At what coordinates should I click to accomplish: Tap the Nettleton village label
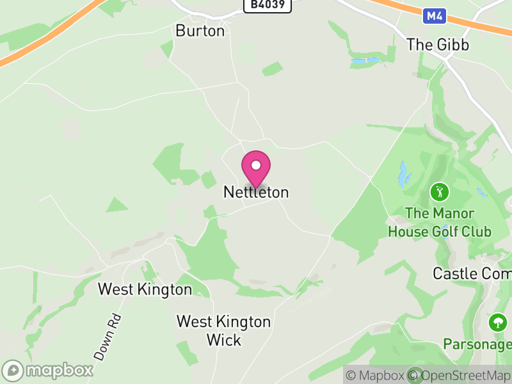pos(256,192)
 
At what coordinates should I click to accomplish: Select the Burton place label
pos(200,30)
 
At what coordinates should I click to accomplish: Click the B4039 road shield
pos(268,5)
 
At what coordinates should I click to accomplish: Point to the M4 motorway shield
pos(434,15)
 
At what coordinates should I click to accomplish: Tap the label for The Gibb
pos(438,45)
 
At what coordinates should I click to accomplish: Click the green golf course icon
pos(440,191)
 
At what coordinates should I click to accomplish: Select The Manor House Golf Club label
pos(440,222)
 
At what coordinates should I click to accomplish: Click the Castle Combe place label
pos(472,273)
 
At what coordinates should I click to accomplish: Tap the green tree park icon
pos(497,322)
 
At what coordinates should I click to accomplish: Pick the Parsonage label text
pos(477,344)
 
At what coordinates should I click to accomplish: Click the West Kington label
pos(145,289)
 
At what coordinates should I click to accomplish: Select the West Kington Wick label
pos(223,330)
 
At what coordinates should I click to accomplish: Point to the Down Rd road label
pos(107,336)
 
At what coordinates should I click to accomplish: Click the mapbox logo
pos(49,370)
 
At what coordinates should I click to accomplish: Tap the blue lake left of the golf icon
pos(403,173)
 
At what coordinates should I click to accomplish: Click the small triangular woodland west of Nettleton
pos(116,205)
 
